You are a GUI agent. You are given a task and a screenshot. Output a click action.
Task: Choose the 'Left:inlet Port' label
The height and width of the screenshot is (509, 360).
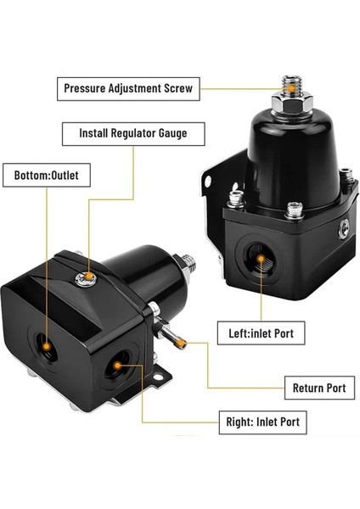261,333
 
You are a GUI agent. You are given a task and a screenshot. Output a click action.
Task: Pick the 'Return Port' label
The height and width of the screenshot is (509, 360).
318,388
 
